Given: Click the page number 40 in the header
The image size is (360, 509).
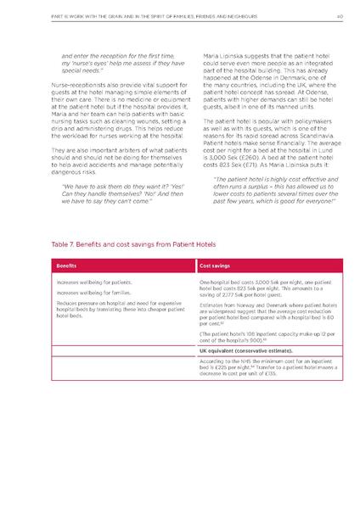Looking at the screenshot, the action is [x=338, y=14].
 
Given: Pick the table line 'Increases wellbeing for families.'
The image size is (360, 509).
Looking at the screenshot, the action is [x=94, y=291].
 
